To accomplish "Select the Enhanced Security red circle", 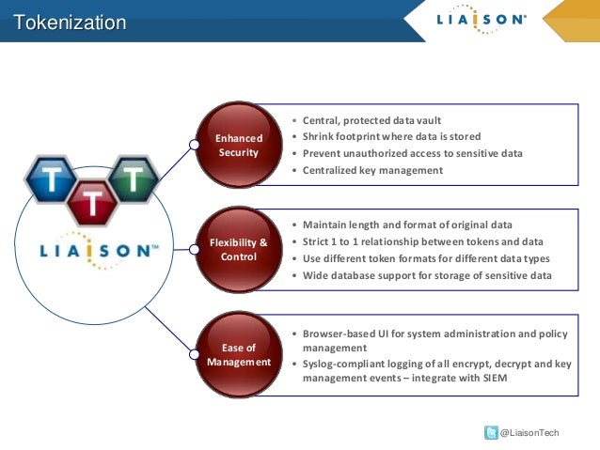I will pyautogui.click(x=239, y=146).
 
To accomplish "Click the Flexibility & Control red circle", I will pyautogui.click(x=239, y=250).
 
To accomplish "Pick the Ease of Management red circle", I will pyautogui.click(x=239, y=354).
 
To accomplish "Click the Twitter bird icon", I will pyautogui.click(x=490, y=432).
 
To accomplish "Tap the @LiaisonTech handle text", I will pyautogui.click(x=529, y=432).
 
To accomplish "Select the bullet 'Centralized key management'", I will pyautogui.click(x=372, y=170).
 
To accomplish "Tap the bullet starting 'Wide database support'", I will pyautogui.click(x=427, y=275).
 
